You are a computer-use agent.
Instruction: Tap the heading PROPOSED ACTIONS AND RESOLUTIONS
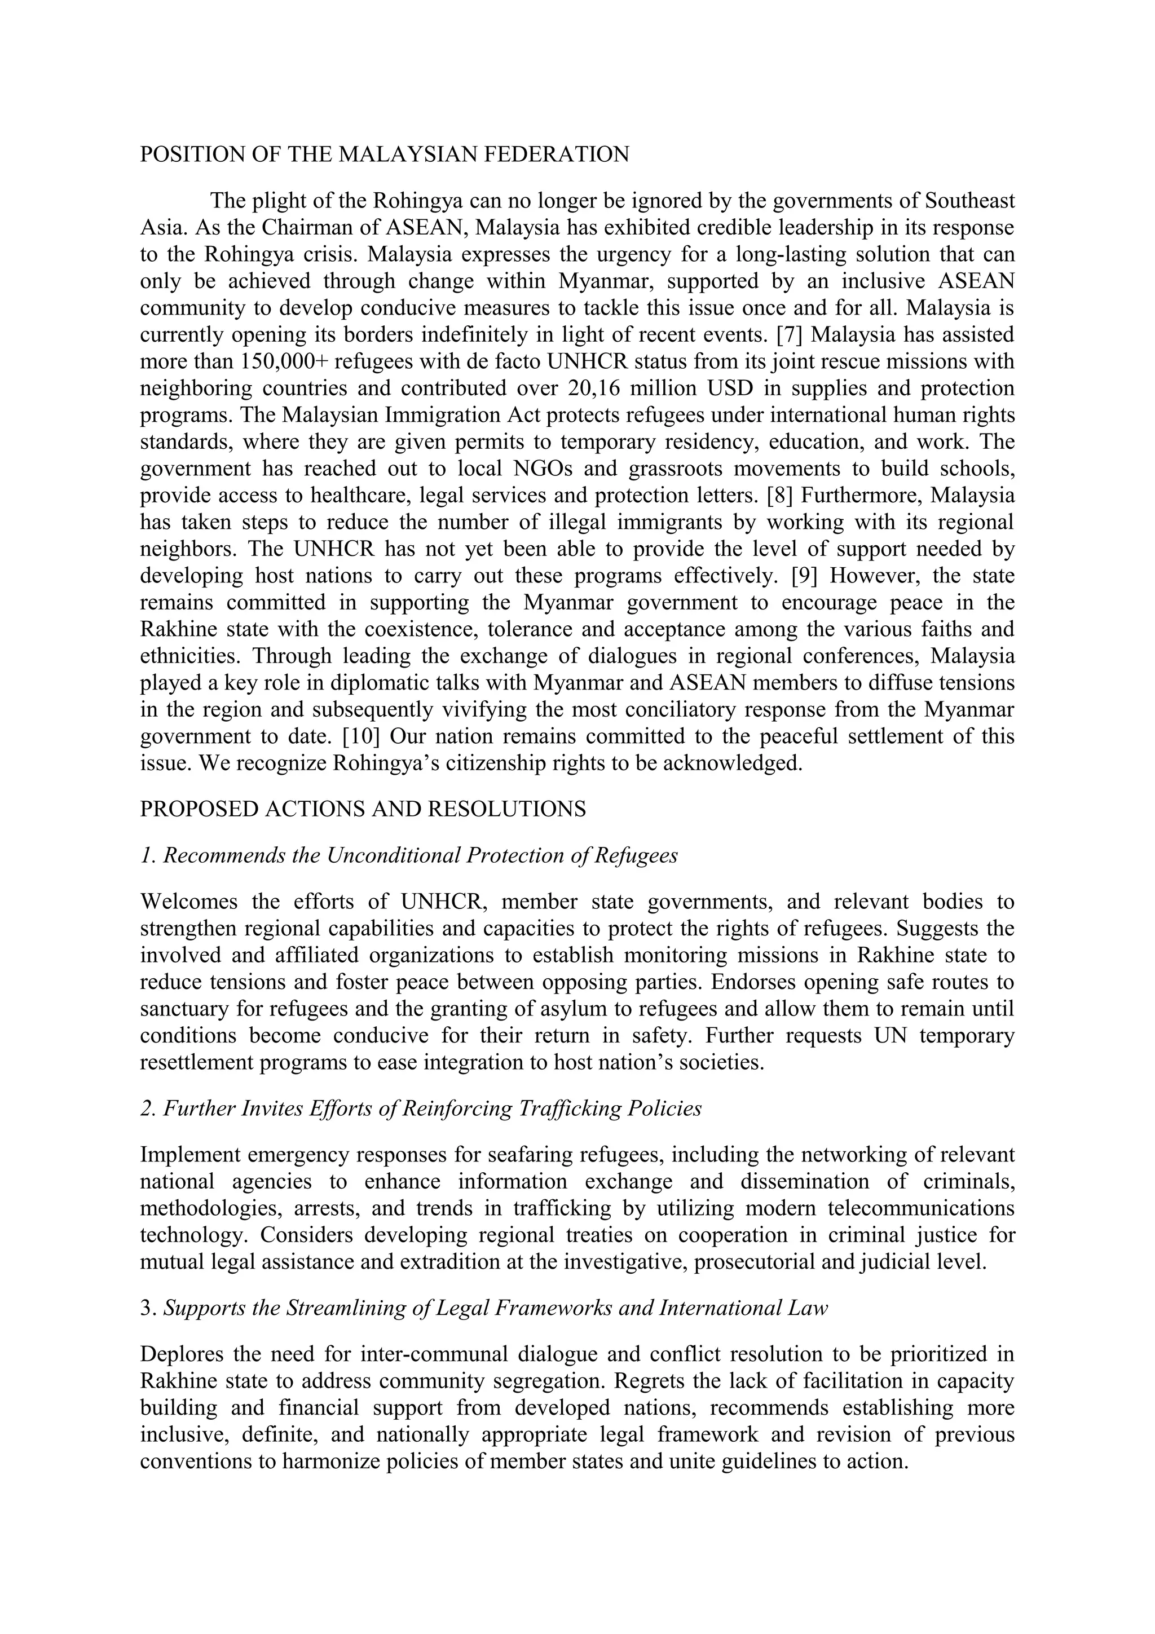pos(363,809)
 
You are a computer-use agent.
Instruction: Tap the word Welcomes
pos(188,902)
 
